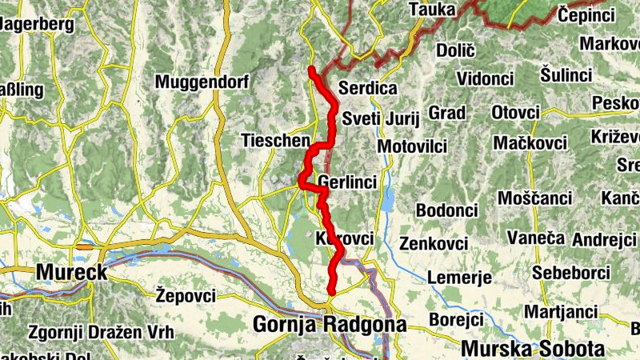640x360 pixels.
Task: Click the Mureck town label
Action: [71, 272]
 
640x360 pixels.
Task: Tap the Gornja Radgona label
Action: [330, 324]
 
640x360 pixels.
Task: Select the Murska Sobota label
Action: [532, 349]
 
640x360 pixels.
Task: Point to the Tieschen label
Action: [275, 141]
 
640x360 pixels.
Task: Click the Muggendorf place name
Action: [202, 82]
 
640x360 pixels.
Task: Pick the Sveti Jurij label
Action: [380, 119]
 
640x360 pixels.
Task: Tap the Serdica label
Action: [368, 88]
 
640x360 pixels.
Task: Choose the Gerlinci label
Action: [347, 183]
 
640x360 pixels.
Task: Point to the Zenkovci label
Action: [433, 242]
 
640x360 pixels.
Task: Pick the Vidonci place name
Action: [485, 78]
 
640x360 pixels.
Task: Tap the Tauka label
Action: [432, 10]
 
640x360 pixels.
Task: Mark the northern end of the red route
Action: [310, 70]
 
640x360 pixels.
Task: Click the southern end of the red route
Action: [330, 292]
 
